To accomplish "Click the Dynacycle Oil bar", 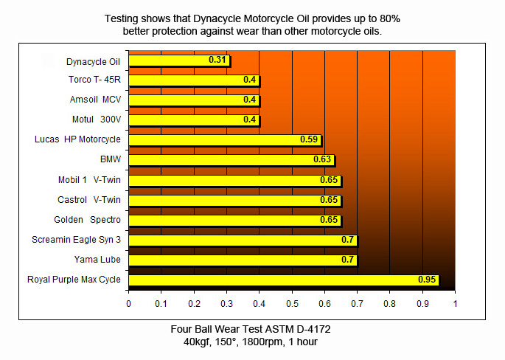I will pos(179,60).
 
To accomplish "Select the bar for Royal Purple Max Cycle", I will pos(284,280).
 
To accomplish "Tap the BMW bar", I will pos(231,160).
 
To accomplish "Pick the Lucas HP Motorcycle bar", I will pos(225,140).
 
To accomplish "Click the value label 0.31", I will pos(217,60).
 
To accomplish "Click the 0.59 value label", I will pos(309,140).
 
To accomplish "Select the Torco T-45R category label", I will pos(93,80).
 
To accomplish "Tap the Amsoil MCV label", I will pos(94,100).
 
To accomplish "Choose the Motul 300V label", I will pos(96,120).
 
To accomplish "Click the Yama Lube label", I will pos(97,260).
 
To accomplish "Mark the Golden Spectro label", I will pos(87,220).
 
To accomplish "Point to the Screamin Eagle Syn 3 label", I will pos(76,240).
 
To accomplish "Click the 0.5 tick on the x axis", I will pos(292,303).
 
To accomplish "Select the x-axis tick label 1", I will pos(455,303).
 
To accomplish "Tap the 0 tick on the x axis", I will pos(129,303).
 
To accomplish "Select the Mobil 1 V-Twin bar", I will pos(235,180).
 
